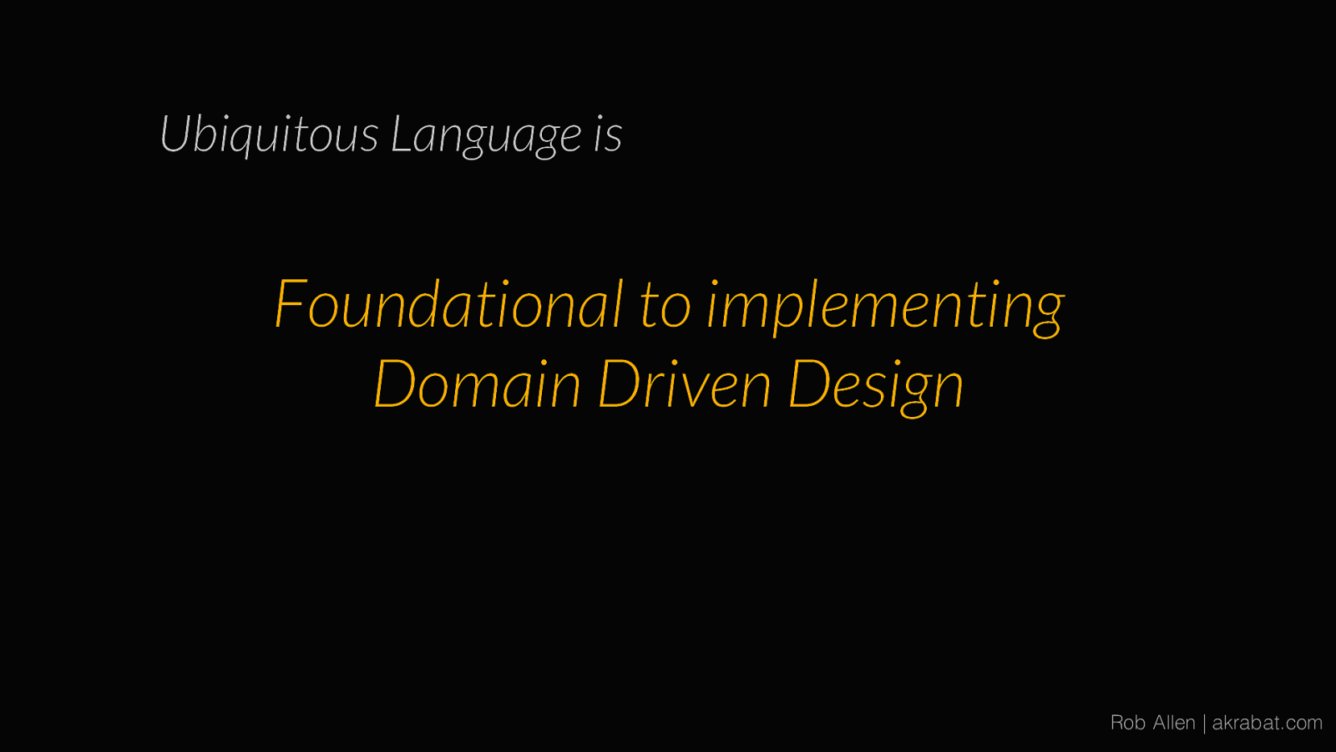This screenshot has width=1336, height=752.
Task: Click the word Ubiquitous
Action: point(269,135)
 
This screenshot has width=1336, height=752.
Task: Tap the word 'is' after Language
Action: point(608,135)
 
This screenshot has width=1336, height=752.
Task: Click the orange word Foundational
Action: point(449,303)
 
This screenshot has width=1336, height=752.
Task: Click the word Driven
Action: point(685,384)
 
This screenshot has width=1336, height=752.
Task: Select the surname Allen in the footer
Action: point(1174,723)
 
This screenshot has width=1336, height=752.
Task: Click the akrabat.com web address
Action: point(1268,723)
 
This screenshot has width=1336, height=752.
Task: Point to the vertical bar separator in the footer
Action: point(1204,724)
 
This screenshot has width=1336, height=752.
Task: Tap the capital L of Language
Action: point(402,134)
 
